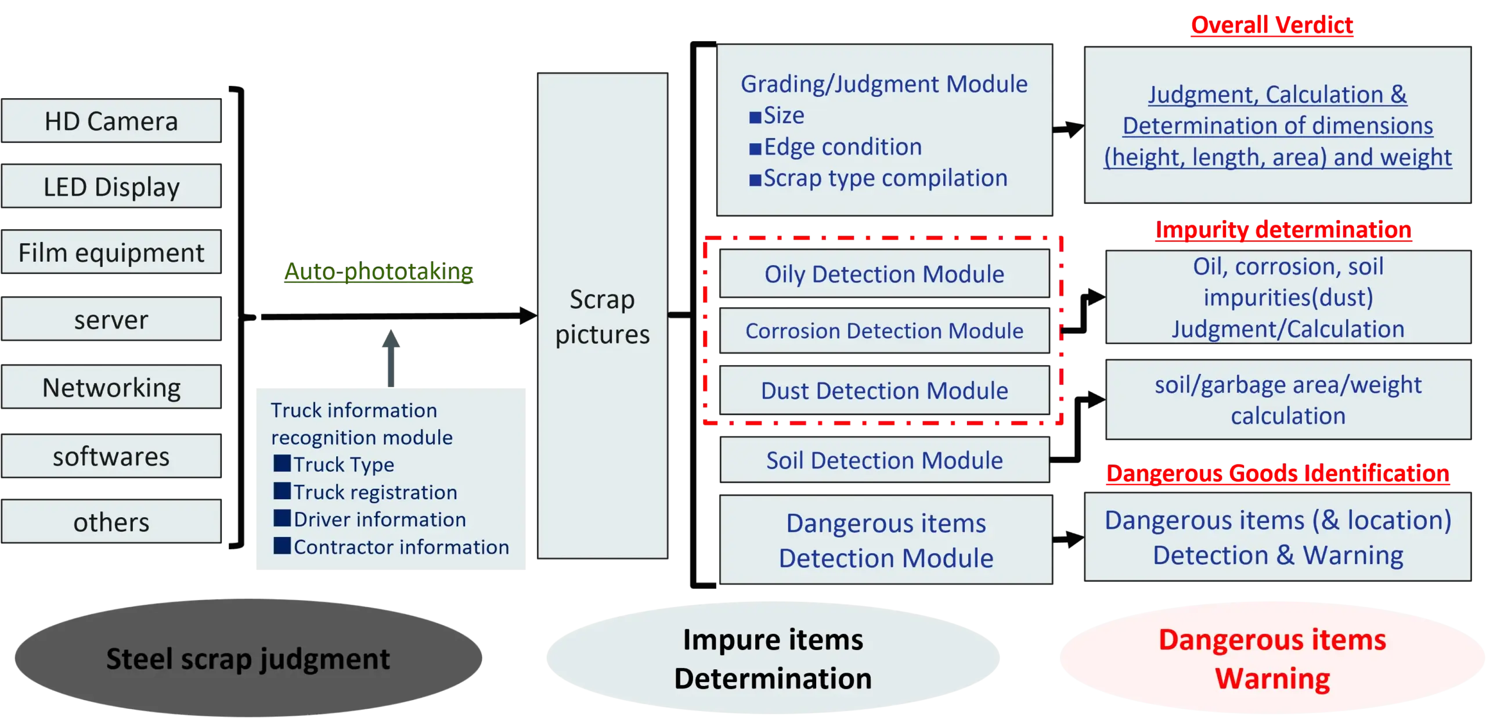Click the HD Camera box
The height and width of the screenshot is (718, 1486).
111,121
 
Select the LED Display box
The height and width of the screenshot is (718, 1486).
111,186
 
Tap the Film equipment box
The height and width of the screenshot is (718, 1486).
111,252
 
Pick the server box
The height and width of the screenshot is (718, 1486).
111,319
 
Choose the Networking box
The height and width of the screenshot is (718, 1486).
111,387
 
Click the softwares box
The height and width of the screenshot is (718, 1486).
111,456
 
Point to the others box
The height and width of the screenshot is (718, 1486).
111,522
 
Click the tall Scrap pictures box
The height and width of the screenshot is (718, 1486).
603,316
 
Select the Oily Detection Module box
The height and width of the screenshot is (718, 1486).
884,274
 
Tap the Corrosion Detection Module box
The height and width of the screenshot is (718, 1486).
884,331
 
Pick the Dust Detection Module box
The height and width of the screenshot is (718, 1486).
884,391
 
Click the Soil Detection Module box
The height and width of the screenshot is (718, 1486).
884,460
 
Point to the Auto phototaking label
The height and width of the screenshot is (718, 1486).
378,272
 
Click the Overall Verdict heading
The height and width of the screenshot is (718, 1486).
1272,26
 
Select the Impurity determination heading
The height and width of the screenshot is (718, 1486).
1283,230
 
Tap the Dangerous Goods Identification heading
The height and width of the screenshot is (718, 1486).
1278,474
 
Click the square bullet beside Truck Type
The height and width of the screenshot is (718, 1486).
282,464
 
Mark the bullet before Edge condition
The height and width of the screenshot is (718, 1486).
755,149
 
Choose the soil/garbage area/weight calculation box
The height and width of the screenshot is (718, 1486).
1288,400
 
